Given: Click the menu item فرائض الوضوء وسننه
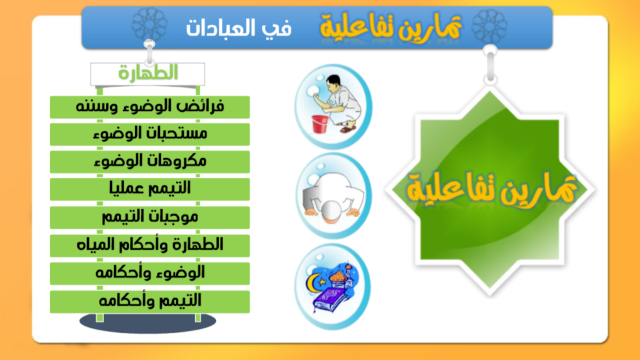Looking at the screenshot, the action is pyautogui.click(x=150, y=107).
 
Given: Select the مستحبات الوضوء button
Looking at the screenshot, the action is pyautogui.click(x=150, y=134).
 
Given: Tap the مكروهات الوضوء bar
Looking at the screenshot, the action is pyautogui.click(x=150, y=161).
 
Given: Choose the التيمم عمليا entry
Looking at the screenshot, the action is pyautogui.click(x=150, y=189).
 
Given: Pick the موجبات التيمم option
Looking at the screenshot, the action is pyautogui.click(x=150, y=217).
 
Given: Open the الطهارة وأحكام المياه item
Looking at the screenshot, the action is pyautogui.click(x=150, y=245).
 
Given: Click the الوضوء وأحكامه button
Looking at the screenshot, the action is pyautogui.click(x=150, y=273).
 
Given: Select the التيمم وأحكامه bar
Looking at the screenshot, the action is pyautogui.click(x=150, y=301).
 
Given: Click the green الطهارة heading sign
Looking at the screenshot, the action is pyautogui.click(x=148, y=74).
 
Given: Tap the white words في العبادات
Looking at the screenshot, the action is pyautogui.click(x=239, y=29).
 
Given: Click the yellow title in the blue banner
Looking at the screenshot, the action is pyautogui.click(x=391, y=27).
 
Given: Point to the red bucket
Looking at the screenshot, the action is pyautogui.click(x=319, y=124).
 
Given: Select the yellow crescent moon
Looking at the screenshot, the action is pyautogui.click(x=313, y=282).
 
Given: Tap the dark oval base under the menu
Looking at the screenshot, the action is pyautogui.click(x=148, y=322).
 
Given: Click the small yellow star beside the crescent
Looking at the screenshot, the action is pyautogui.click(x=323, y=282).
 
